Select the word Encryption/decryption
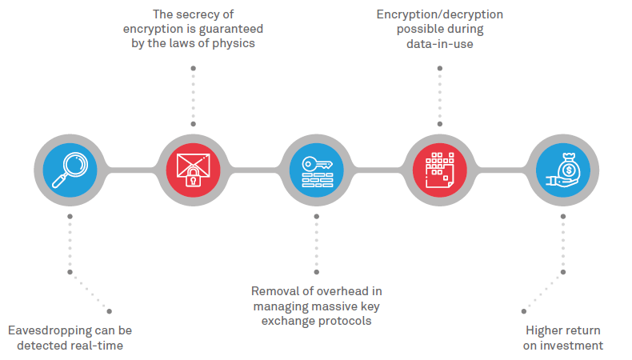(440, 14)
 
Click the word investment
(573, 346)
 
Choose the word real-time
(99, 345)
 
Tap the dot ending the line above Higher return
(524, 310)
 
